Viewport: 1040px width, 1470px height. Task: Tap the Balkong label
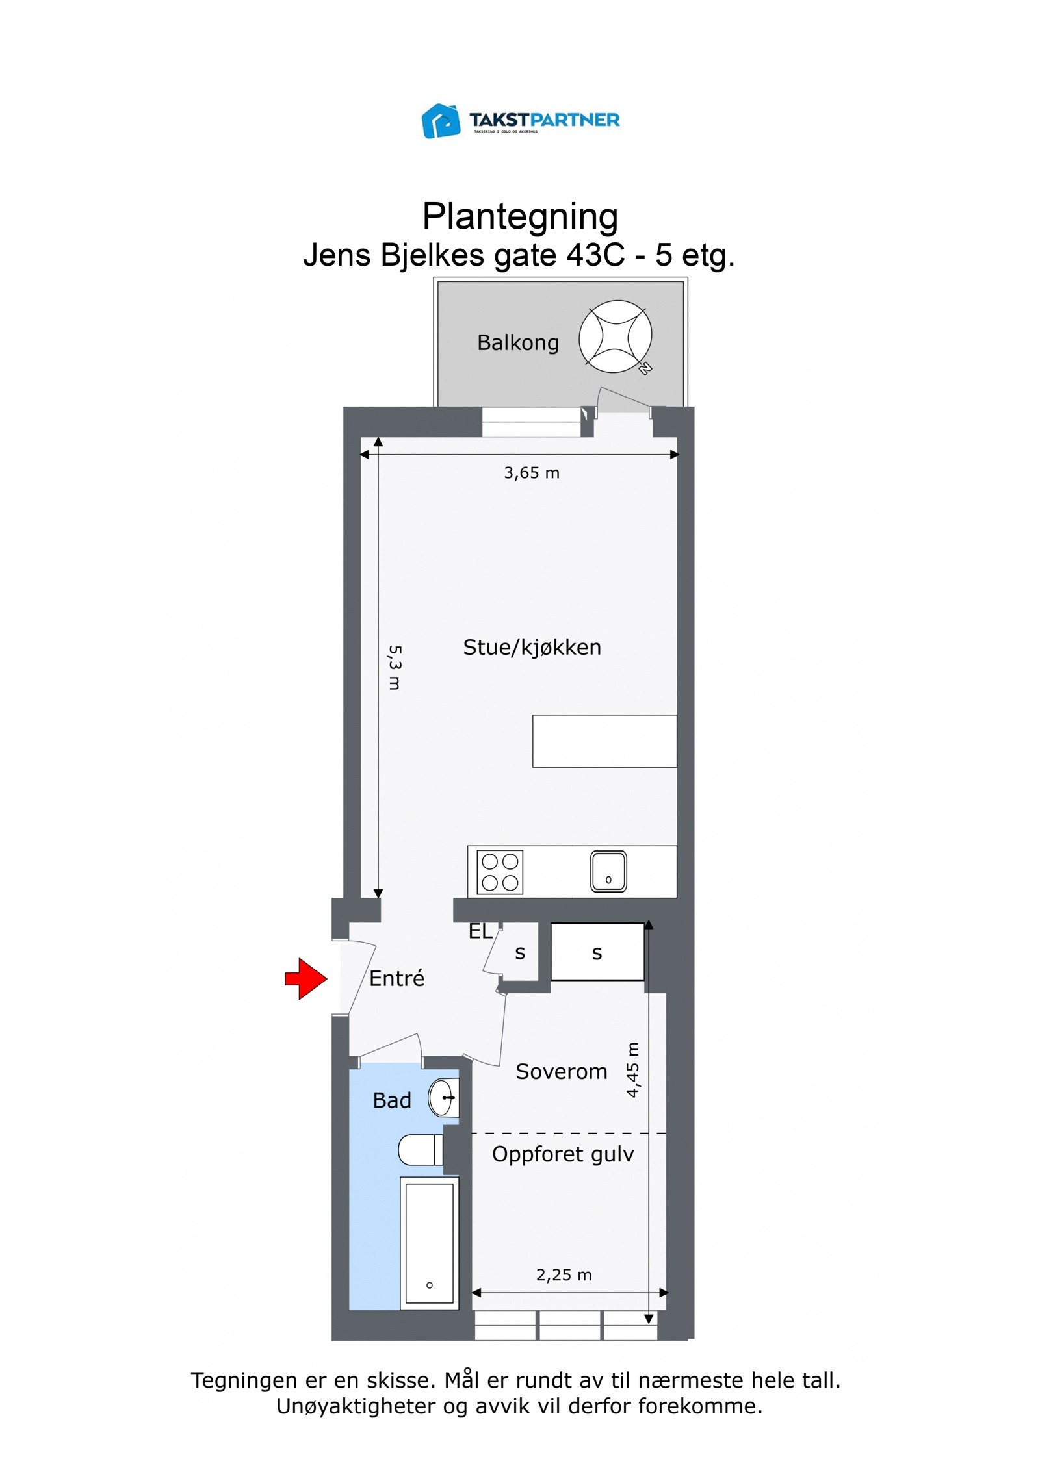pyautogui.click(x=517, y=342)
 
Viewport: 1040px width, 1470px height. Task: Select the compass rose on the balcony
pyautogui.click(x=615, y=336)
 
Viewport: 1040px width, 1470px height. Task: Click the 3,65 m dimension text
pyautogui.click(x=531, y=473)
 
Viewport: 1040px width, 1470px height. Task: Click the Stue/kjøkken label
pyautogui.click(x=532, y=647)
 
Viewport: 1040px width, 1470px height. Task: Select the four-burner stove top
pyautogui.click(x=500, y=872)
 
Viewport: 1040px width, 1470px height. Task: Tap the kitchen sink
pyautogui.click(x=608, y=871)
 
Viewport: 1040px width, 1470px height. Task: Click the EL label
pyautogui.click(x=480, y=931)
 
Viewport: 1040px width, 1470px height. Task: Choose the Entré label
pyautogui.click(x=396, y=978)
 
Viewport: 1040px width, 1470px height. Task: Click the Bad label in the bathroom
pyautogui.click(x=391, y=1100)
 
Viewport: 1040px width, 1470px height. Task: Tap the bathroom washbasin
pyautogui.click(x=443, y=1098)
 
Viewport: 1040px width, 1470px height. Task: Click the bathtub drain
pyautogui.click(x=429, y=1285)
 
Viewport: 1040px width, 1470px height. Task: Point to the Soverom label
pyautogui.click(x=561, y=1071)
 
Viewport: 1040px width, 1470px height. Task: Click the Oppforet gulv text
pyautogui.click(x=562, y=1154)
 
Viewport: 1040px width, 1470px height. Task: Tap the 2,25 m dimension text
pyautogui.click(x=564, y=1274)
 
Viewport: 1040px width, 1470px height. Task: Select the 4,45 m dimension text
pyautogui.click(x=632, y=1069)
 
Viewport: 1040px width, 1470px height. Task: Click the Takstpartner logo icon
pyautogui.click(x=441, y=121)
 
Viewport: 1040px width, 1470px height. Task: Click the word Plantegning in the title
pyautogui.click(x=519, y=216)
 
